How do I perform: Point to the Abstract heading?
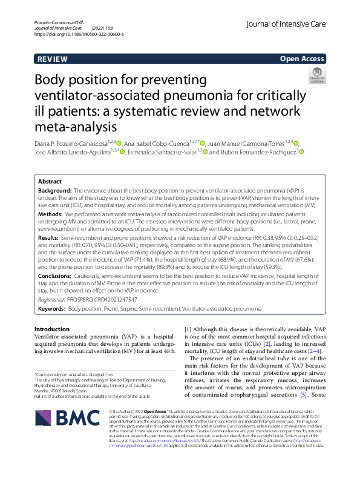point(50,182)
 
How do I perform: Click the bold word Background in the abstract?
point(55,190)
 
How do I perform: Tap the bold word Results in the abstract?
point(50,239)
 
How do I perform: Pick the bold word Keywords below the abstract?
point(51,308)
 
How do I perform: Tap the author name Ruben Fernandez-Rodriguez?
point(252,153)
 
